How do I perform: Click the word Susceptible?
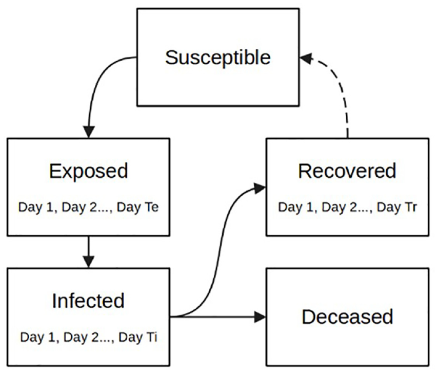(x=218, y=58)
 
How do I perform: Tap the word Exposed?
(x=89, y=171)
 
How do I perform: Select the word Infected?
(x=88, y=301)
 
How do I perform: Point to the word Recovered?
(x=347, y=171)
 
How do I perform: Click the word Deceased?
(x=348, y=317)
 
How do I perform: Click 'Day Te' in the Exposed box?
(x=138, y=207)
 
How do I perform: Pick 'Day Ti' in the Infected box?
(x=138, y=337)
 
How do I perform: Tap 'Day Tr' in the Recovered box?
(x=397, y=207)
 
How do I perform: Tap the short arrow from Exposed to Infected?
(x=89, y=252)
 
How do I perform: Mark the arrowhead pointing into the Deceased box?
(x=261, y=317)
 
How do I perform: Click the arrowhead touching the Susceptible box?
(x=305, y=59)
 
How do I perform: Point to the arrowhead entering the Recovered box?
(x=260, y=189)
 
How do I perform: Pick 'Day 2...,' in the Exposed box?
(x=87, y=208)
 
